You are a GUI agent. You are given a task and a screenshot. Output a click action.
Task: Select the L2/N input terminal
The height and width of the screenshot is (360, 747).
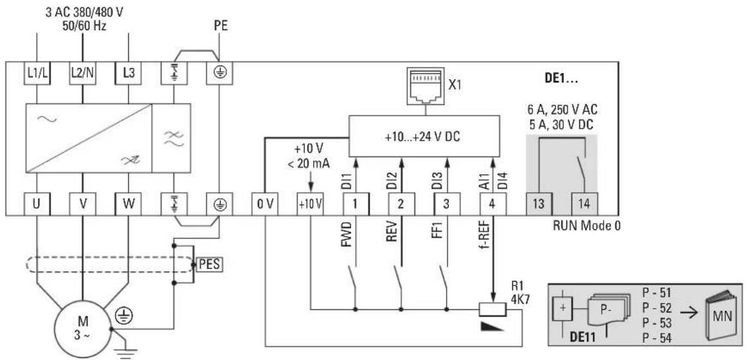coord(82,74)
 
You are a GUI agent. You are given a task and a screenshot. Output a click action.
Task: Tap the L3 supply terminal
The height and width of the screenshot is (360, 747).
coord(129,74)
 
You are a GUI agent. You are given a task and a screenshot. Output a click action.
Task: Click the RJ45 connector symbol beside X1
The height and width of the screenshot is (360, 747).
coord(425,85)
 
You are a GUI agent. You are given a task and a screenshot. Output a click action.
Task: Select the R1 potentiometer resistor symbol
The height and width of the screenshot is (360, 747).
coord(492,310)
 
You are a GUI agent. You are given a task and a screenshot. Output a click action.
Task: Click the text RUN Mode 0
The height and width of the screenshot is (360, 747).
coord(586,225)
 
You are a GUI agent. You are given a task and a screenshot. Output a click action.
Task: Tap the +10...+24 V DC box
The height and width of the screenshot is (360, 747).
coord(424,135)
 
